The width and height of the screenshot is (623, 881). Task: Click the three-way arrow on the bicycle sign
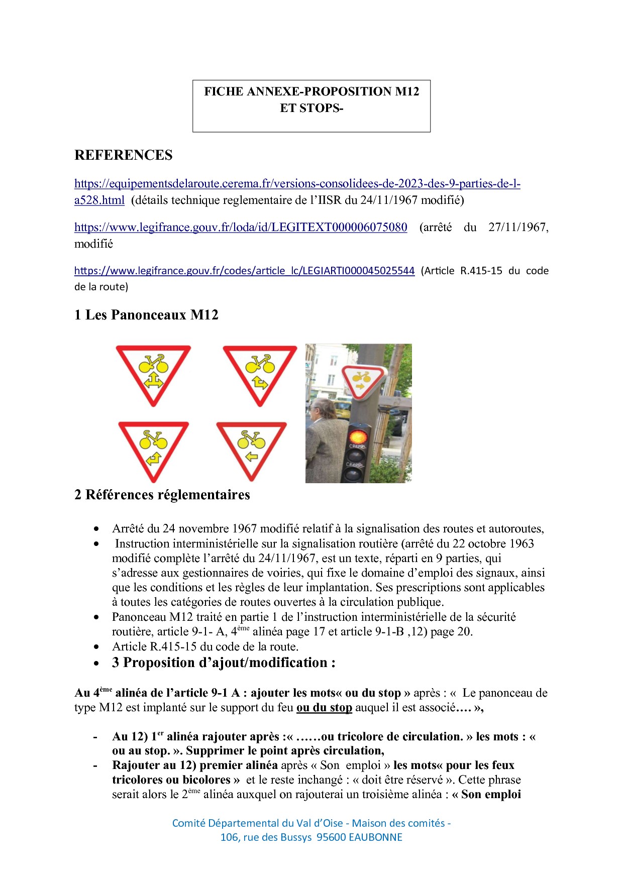pos(153,381)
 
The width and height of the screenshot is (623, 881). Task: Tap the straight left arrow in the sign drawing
pos(251,457)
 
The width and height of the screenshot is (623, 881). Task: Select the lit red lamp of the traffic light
pos(358,435)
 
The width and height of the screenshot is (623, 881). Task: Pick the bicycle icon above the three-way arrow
pos(153,364)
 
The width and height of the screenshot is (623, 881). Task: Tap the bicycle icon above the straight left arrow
pos(251,440)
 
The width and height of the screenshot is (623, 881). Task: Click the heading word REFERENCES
pos(123,155)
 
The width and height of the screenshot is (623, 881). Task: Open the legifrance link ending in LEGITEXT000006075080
pos(241,227)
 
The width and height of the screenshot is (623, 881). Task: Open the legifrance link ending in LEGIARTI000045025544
pos(244,271)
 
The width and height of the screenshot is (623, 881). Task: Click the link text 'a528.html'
pos(99,200)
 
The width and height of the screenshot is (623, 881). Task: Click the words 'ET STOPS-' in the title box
pos(311,108)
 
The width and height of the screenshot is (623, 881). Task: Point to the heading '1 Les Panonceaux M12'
pos(146,315)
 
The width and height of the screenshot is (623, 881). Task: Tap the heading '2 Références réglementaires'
pos(162,495)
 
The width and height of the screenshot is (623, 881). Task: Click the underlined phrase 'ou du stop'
pos(324,708)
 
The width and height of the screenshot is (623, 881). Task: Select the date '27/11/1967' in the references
pos(517,227)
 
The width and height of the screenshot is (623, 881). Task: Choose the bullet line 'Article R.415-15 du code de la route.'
pos(205,646)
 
